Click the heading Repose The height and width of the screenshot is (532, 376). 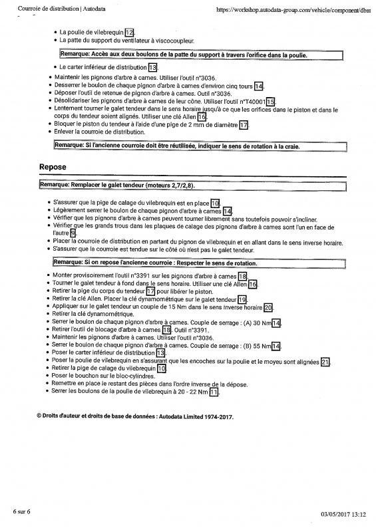[x=53, y=168]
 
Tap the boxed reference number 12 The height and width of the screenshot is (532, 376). [x=130, y=32]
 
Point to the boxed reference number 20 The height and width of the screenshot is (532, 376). [x=268, y=307]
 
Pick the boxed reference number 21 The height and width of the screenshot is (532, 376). [x=325, y=361]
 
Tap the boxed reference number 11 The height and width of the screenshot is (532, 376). [x=214, y=392]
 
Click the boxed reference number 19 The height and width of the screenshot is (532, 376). [x=242, y=299]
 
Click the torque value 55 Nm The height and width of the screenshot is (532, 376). [x=262, y=345]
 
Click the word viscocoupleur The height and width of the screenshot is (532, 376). [x=175, y=41]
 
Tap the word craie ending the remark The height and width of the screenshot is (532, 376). [x=291, y=146]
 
